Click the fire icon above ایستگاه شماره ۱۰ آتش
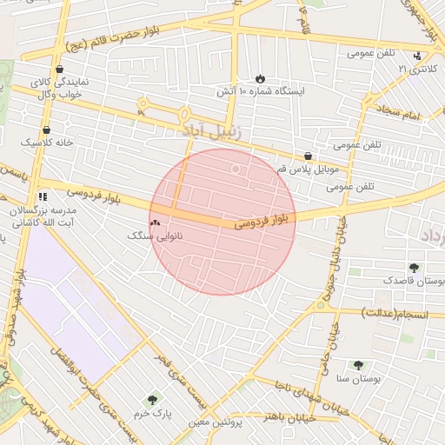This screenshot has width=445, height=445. coord(259,78)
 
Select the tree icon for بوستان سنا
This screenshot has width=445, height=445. coord(358,366)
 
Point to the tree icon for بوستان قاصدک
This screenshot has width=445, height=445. coord(413,268)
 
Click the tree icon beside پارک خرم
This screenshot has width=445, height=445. coord(153,400)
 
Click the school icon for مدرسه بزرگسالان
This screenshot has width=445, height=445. coord(43,197)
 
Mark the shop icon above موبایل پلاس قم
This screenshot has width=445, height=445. coord(309,156)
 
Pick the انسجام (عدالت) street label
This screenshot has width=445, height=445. coord(397,312)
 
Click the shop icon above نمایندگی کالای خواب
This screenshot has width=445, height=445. coord(58,69)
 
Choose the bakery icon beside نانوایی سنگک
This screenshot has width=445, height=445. coord(155,223)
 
